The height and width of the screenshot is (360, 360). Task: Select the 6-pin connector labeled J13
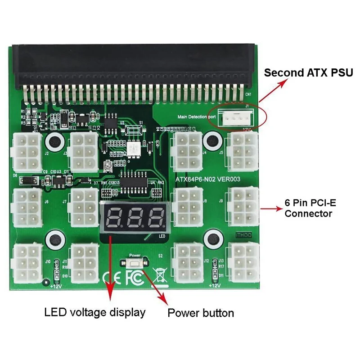click(x=243, y=263)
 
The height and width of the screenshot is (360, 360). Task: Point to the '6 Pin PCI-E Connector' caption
click(x=310, y=208)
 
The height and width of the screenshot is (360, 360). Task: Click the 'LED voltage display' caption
click(x=94, y=312)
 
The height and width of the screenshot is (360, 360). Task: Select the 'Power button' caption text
click(x=201, y=313)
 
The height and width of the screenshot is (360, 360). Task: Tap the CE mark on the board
click(x=111, y=275)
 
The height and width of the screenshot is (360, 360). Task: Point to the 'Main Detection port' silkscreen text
click(x=196, y=117)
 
